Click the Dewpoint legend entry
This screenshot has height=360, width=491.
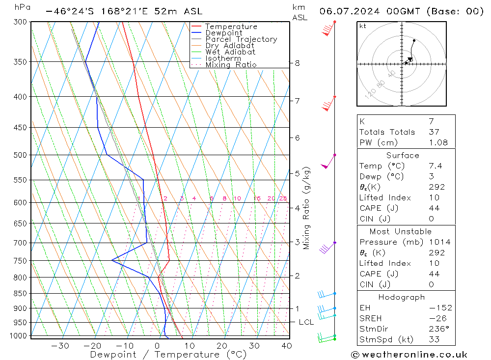click(223, 33)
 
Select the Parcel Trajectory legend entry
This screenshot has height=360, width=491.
click(241, 39)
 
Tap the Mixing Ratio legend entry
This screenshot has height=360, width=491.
click(231, 64)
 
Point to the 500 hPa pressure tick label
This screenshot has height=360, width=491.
click(21, 155)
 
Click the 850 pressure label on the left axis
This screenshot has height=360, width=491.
click(21, 294)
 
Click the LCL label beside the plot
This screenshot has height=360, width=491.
click(306, 322)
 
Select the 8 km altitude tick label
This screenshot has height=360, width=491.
click(297, 63)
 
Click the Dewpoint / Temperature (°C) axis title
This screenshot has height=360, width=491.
click(168, 355)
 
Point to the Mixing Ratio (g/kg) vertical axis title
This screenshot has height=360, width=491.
click(307, 208)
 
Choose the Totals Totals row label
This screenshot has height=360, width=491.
click(387, 132)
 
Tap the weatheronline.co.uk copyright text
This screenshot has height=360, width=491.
click(409, 355)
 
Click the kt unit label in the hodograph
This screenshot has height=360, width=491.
click(363, 26)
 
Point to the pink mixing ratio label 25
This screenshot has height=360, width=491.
click(283, 198)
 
